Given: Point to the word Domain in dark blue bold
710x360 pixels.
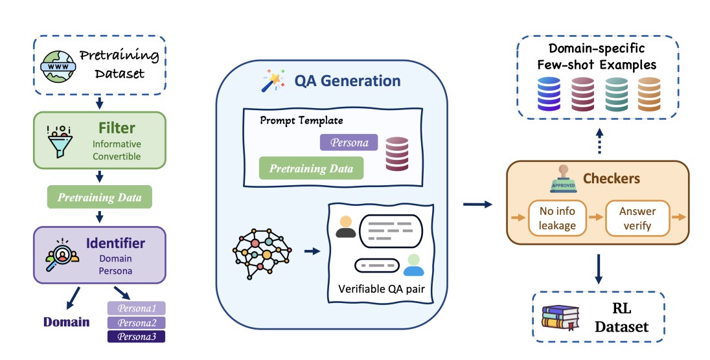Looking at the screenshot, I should [x=66, y=322].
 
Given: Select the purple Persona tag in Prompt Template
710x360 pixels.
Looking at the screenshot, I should [x=349, y=142].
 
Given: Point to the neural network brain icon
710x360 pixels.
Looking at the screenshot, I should [x=262, y=251].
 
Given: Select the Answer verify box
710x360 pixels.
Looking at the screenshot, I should [x=637, y=217].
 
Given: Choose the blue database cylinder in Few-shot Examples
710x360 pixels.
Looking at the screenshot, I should [x=549, y=93].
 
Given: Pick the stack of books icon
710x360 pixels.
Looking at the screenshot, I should [x=559, y=317].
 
